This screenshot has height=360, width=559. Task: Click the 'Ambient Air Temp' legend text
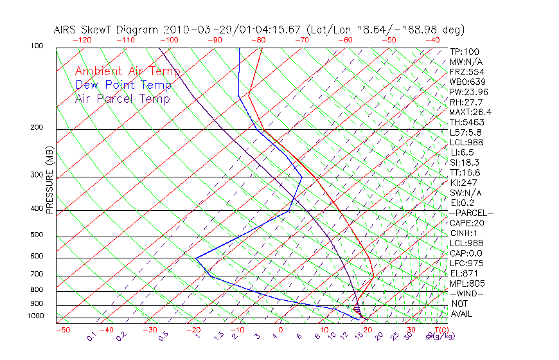pyautogui.click(x=127, y=71)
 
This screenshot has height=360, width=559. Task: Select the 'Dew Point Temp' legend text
pyautogui.click(x=123, y=85)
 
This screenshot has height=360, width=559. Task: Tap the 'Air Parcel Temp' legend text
pyautogui.click(x=122, y=98)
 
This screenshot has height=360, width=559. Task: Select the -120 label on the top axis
pyautogui.click(x=82, y=40)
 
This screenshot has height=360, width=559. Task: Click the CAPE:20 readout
pyautogui.click(x=466, y=223)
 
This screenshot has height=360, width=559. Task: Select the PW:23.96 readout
pyautogui.click(x=469, y=92)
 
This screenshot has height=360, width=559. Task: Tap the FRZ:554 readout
pyautogui.click(x=466, y=71)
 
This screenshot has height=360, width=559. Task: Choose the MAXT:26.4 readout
pyautogui.click(x=471, y=112)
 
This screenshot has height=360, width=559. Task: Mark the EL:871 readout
pyautogui.click(x=464, y=273)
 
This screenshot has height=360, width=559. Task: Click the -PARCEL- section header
pyautogui.click(x=471, y=213)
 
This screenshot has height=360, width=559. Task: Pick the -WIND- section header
pyautogui.click(x=466, y=293)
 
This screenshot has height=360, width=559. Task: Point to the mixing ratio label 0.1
pyautogui.click(x=91, y=336)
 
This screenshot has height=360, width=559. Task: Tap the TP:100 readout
pyautogui.click(x=465, y=51)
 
